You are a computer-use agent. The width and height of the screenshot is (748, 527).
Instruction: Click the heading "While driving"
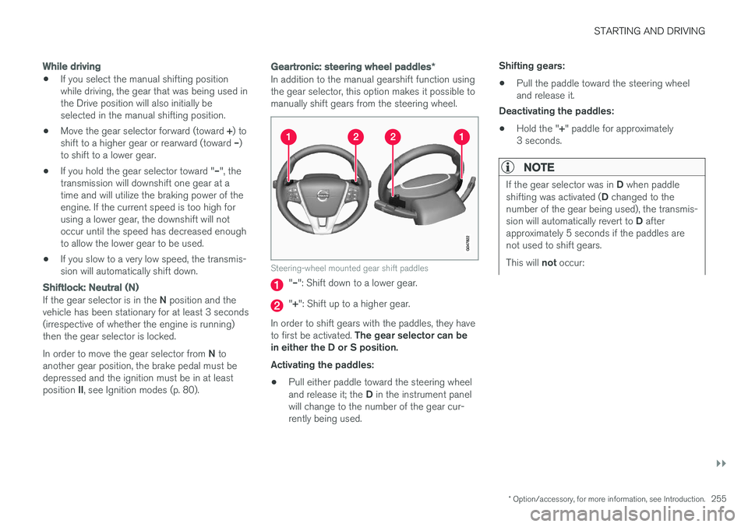point(72,66)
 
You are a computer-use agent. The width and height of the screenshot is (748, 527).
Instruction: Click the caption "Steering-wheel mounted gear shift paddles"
point(349,268)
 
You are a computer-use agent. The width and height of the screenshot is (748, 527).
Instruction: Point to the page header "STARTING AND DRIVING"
point(649,31)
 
